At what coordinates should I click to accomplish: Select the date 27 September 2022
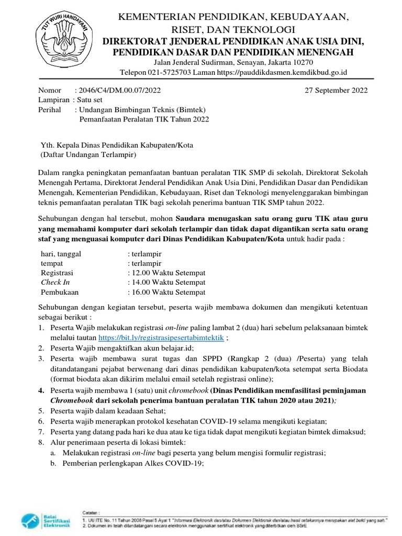click(x=336, y=90)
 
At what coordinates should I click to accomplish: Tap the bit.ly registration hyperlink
click(x=161, y=338)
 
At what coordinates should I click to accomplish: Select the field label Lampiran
click(x=54, y=100)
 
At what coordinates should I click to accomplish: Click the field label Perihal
click(x=50, y=110)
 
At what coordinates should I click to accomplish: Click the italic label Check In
click(x=55, y=283)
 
